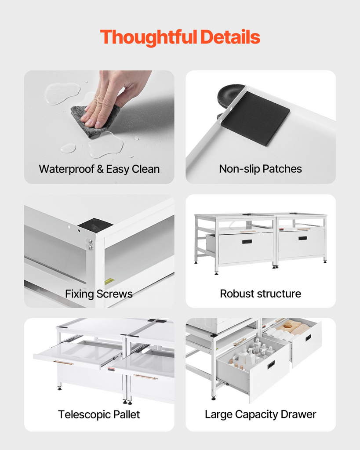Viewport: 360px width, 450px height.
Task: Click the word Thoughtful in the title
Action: [149, 37]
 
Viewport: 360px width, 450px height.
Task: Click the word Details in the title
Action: [230, 37]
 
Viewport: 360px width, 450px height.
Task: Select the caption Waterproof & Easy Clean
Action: [99, 169]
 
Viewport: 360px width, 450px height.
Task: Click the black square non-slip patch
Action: [255, 118]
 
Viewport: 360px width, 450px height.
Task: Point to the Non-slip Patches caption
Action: [260, 169]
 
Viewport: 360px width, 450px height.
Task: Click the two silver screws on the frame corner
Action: [91, 244]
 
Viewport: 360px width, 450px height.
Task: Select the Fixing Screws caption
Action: [99, 294]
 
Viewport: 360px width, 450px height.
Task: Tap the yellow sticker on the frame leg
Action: [109, 281]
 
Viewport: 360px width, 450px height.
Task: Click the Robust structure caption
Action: [260, 294]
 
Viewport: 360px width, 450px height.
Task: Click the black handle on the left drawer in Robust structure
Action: [247, 241]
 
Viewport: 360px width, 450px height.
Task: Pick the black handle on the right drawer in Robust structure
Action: [302, 238]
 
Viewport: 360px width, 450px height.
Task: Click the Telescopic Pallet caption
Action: [99, 414]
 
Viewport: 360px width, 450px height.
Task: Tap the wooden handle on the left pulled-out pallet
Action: [63, 363]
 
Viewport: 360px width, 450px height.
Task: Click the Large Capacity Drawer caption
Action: [260, 414]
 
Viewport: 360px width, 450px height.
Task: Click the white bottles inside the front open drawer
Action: [253, 352]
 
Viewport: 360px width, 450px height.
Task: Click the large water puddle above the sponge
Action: [62, 93]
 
